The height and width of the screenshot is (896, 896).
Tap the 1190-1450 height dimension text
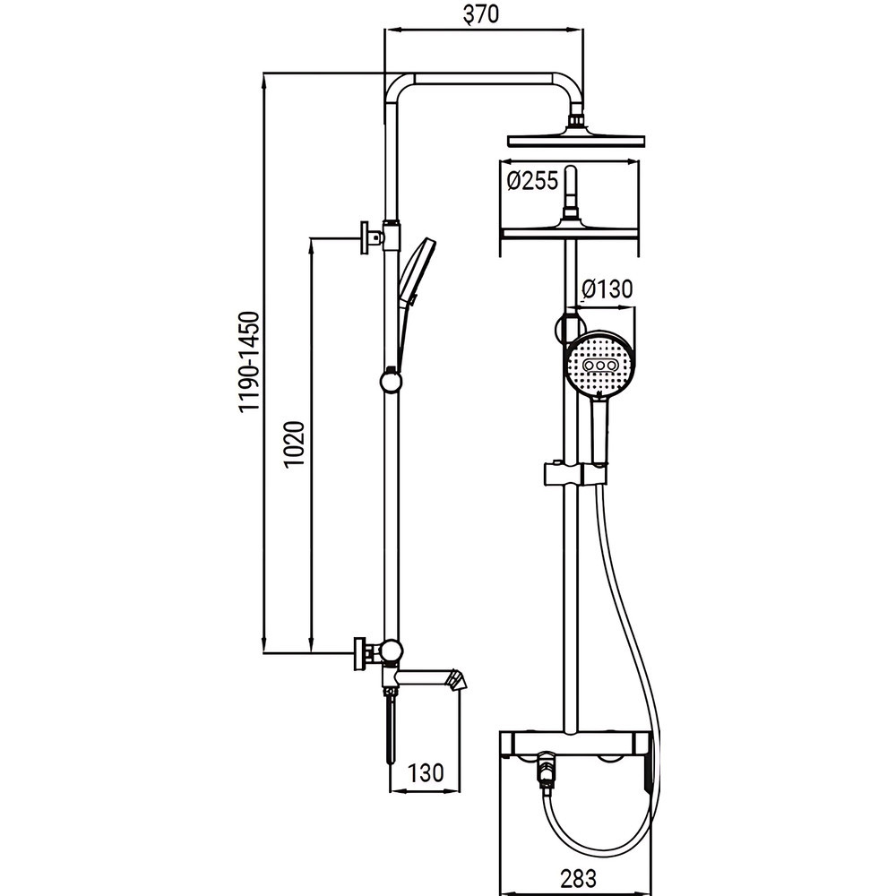pos(250,361)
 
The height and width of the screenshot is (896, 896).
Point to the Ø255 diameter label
pos(531,181)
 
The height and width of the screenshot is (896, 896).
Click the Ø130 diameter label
pos(607,289)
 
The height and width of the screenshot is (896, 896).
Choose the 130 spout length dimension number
pos(426,773)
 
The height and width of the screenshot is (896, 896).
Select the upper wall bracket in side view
pos(368,237)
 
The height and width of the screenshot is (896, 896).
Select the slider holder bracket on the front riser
pos(573,473)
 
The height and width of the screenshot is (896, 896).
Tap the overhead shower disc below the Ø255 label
pos(572,232)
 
